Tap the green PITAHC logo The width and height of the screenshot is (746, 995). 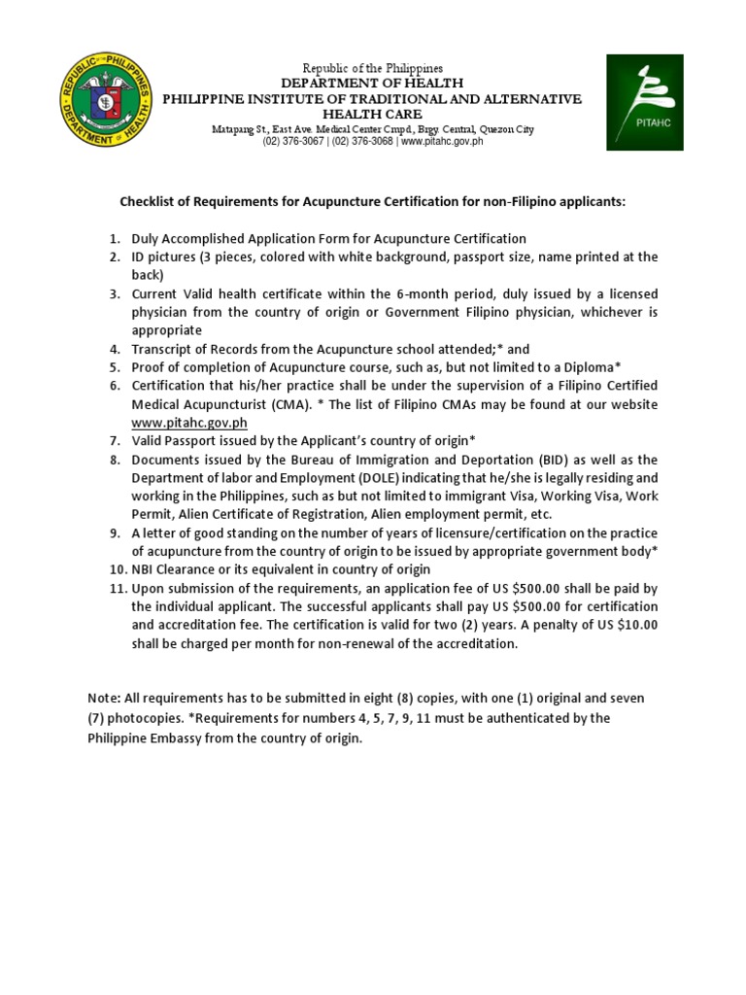tap(645, 102)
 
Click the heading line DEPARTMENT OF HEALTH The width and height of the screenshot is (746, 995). tap(372, 84)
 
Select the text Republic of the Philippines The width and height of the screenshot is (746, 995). tap(372, 68)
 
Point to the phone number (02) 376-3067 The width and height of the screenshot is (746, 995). tap(294, 142)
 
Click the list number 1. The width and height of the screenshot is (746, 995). tap(114, 238)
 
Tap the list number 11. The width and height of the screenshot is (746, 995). tap(117, 589)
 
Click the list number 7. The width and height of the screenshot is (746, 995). tap(114, 441)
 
